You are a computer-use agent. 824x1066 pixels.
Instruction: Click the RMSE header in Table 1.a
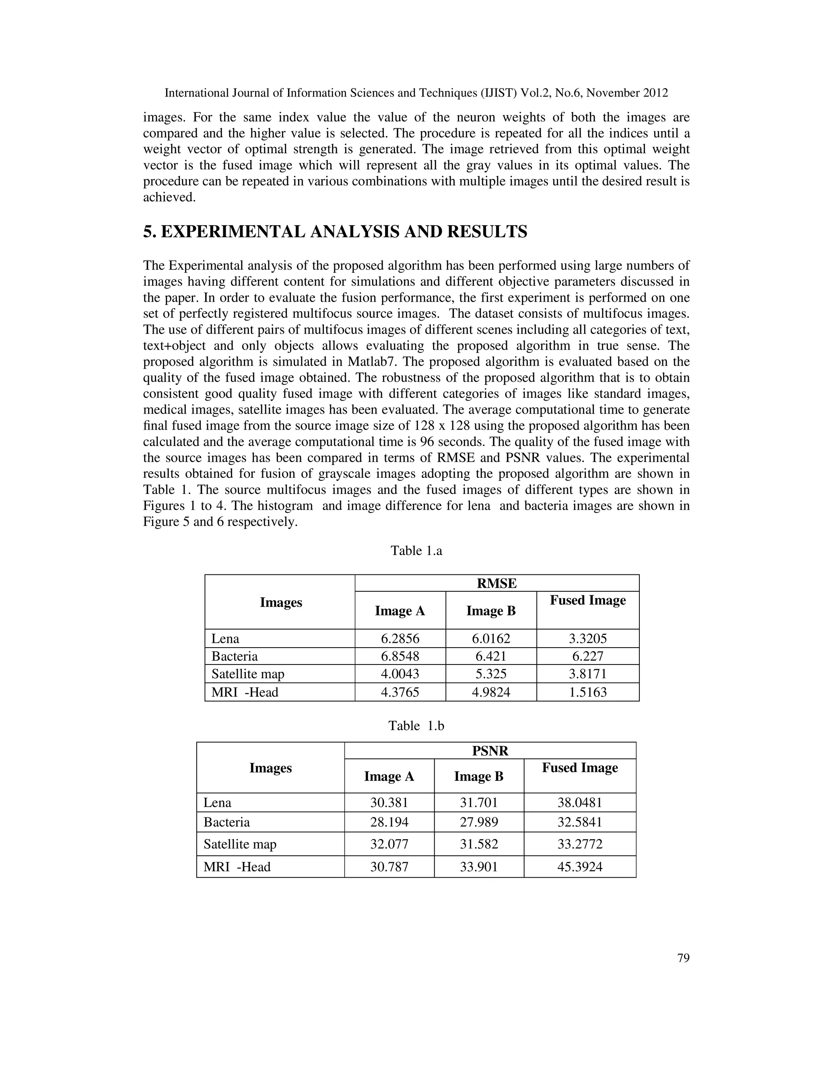tap(496, 583)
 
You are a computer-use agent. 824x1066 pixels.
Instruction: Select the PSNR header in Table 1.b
tap(490, 751)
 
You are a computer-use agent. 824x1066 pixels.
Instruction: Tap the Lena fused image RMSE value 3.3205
tap(588, 638)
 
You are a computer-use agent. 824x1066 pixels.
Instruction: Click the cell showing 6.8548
tap(400, 656)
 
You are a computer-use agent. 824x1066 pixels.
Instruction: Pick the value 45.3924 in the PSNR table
tap(580, 867)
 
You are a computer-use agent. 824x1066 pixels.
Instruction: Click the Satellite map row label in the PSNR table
tap(240, 844)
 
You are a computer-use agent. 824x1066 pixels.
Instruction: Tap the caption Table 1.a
tap(416, 551)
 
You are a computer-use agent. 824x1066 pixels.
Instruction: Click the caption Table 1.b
tap(416, 726)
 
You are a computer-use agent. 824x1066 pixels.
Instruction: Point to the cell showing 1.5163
tap(588, 692)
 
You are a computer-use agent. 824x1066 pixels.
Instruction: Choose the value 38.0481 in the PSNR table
tap(580, 803)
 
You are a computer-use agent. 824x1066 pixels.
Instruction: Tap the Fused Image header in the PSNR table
tap(580, 768)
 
